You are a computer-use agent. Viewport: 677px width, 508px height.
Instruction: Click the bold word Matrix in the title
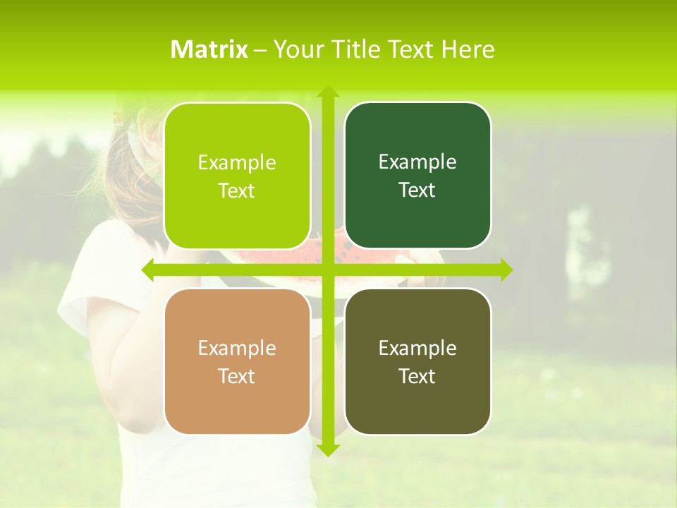click(209, 49)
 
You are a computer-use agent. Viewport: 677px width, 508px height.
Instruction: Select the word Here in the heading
click(468, 49)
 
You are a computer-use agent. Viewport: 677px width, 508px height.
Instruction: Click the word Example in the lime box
click(237, 162)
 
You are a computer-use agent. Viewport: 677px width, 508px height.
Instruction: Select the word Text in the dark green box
click(417, 190)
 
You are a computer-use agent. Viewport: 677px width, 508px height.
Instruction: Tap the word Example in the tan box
click(237, 348)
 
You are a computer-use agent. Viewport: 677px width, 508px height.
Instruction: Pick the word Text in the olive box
click(417, 376)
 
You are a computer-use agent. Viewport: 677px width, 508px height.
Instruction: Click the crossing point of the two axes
click(327, 270)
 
